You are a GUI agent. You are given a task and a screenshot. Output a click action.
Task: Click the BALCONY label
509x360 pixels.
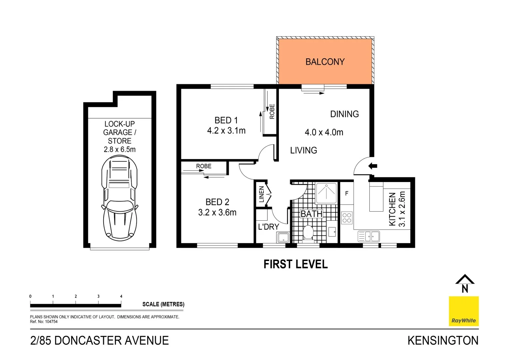tap(325, 62)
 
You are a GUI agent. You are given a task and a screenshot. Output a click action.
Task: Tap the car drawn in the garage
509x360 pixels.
tap(120, 198)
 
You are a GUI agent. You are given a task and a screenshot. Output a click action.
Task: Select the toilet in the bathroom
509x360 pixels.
tap(308, 233)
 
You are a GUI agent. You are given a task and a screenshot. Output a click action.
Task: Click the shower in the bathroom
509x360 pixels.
tap(326, 193)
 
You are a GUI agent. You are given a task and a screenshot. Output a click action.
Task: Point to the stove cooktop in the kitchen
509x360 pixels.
tap(347, 218)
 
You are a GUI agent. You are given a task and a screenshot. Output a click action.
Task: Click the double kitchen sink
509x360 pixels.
tap(368, 236)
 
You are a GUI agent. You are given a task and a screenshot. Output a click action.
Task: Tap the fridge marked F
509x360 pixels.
tap(347, 193)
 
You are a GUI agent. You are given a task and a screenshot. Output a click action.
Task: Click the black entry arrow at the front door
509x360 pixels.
tap(372, 166)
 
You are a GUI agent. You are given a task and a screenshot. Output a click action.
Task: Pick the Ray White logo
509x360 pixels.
tap(463, 311)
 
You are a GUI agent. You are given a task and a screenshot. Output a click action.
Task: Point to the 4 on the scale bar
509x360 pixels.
tap(121, 296)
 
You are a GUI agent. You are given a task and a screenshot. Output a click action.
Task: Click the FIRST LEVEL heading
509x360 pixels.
tap(295, 264)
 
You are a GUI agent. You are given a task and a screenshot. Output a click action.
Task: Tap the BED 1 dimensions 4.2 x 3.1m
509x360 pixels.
tap(226, 131)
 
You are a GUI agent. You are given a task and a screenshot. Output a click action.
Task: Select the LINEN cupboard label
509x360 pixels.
tap(261, 194)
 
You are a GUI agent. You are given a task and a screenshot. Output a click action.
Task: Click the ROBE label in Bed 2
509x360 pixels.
tap(204, 166)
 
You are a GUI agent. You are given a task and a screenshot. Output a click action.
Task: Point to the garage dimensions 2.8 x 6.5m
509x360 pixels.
tap(120, 150)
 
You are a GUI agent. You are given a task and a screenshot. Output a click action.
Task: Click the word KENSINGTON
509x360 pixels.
tap(443, 341)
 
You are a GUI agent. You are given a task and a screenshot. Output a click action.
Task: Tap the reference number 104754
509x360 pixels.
tap(51, 322)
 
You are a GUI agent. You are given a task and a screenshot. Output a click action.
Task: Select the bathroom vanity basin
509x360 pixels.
tap(332, 231)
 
